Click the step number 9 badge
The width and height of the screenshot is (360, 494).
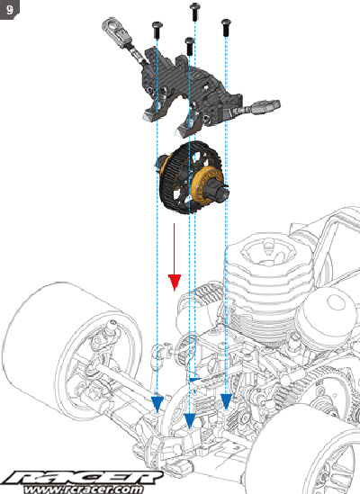click(x=10, y=10)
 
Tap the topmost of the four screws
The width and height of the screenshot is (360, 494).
click(x=195, y=11)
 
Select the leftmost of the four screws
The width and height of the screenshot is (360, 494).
click(x=157, y=30)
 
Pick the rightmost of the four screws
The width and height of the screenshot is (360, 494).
click(x=226, y=27)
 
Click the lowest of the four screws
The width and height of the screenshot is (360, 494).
click(x=189, y=46)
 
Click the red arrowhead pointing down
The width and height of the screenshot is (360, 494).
click(x=175, y=283)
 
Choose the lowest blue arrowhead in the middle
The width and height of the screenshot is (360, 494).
click(x=190, y=421)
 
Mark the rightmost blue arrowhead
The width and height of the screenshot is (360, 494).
click(x=226, y=401)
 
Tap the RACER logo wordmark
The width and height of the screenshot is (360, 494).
click(x=83, y=478)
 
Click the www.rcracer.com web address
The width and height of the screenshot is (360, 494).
click(x=83, y=490)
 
